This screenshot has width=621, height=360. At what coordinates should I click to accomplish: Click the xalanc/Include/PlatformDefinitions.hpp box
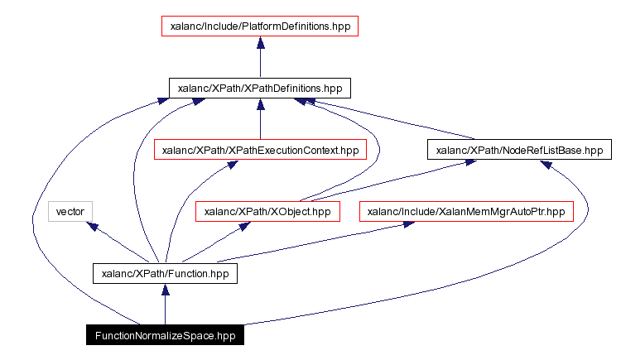260,26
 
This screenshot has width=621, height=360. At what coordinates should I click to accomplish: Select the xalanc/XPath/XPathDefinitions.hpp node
260,88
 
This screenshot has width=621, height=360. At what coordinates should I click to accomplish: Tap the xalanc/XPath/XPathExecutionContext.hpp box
260,150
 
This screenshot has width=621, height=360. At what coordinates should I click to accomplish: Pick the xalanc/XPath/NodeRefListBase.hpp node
519,150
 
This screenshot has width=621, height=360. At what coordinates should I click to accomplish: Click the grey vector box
70,212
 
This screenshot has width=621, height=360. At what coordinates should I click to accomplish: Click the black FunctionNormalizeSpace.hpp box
165,335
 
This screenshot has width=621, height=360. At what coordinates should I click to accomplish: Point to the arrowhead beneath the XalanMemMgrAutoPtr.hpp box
407,225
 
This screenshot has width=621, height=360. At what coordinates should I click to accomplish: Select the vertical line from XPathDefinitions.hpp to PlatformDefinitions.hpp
260,62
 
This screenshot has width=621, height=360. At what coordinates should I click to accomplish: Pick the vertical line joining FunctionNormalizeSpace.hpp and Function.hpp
165,310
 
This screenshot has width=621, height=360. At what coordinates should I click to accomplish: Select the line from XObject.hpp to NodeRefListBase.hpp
389,182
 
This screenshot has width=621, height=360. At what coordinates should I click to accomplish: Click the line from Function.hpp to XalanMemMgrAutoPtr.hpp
306,244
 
